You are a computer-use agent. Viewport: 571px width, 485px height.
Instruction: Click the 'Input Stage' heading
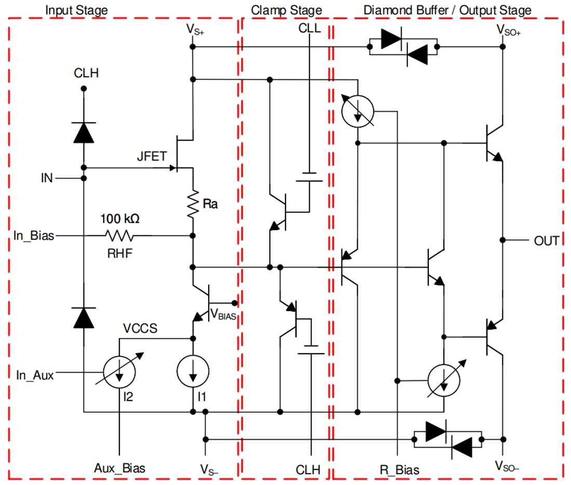(77, 10)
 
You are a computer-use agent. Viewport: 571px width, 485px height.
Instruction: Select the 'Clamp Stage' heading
(286, 10)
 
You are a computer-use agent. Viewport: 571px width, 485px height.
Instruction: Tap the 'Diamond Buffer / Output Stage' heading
(447, 10)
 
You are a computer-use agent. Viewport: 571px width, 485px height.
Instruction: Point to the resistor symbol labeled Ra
(193, 204)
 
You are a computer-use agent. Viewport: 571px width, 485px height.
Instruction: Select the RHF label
(119, 253)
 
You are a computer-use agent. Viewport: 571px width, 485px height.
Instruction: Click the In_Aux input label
(35, 375)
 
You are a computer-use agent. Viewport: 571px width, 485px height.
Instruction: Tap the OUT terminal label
(547, 241)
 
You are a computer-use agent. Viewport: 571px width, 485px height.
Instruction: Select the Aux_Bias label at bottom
(120, 468)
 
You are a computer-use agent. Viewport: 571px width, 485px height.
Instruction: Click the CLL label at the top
(309, 29)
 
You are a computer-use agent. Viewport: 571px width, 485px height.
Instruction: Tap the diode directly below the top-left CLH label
(83, 132)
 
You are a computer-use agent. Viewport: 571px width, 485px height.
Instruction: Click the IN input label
(47, 179)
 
